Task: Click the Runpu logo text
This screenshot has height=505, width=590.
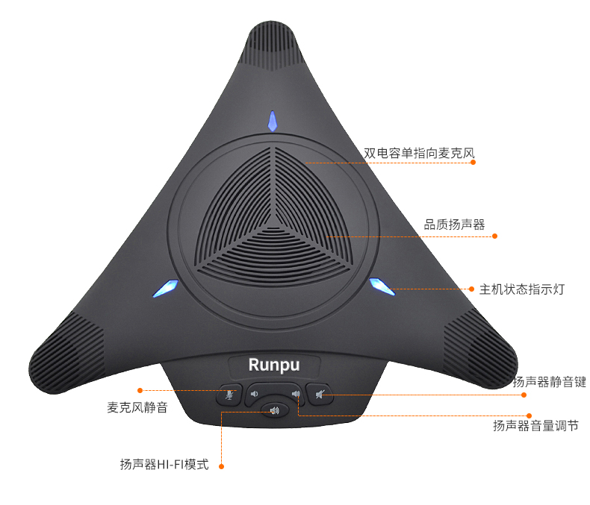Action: click(x=274, y=366)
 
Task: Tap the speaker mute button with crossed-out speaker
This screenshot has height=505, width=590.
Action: click(x=320, y=394)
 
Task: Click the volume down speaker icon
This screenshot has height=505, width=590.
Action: click(x=255, y=394)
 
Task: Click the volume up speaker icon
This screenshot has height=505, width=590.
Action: click(x=296, y=394)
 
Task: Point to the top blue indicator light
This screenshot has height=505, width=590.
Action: click(x=273, y=121)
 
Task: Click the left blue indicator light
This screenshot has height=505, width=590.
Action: click(x=165, y=288)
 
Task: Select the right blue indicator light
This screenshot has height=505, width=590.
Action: click(x=382, y=286)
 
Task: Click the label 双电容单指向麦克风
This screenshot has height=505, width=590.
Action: click(x=419, y=153)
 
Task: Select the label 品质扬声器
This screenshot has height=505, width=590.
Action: click(x=454, y=225)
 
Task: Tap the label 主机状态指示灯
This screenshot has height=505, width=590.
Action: click(x=522, y=289)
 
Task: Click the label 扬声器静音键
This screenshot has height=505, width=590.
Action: click(x=549, y=382)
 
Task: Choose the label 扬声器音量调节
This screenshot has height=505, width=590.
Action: click(x=535, y=426)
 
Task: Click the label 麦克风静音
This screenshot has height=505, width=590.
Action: click(x=137, y=407)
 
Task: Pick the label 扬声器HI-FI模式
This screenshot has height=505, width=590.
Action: click(x=164, y=465)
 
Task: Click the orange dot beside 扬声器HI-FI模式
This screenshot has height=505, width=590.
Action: click(x=222, y=466)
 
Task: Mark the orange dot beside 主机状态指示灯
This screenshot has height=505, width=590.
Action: click(x=471, y=289)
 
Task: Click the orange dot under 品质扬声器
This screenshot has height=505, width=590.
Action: click(x=495, y=236)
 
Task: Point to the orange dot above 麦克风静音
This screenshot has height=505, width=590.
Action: click(x=140, y=390)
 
